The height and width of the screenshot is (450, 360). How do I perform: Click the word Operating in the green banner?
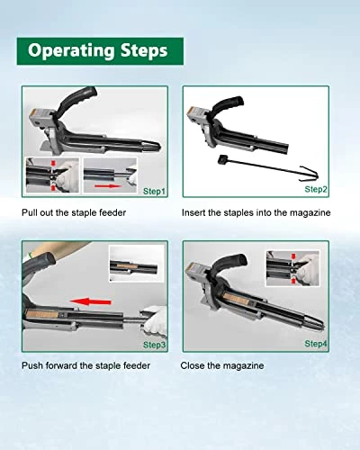click(71, 50)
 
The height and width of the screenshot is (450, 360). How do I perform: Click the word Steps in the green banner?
click(144, 50)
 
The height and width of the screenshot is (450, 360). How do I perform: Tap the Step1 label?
click(154, 191)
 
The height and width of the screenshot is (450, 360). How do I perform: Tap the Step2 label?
click(316, 189)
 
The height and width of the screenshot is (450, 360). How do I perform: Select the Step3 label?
click(154, 345)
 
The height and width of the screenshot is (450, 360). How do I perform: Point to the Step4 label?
click(316, 344)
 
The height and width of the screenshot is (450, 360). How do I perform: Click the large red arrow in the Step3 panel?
click(90, 301)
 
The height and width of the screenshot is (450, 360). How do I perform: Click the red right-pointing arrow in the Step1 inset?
click(107, 186)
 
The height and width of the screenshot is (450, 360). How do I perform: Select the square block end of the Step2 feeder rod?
click(221, 159)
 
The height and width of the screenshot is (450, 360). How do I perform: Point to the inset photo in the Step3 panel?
click(137, 264)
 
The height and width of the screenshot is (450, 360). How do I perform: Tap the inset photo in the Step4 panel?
click(292, 268)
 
